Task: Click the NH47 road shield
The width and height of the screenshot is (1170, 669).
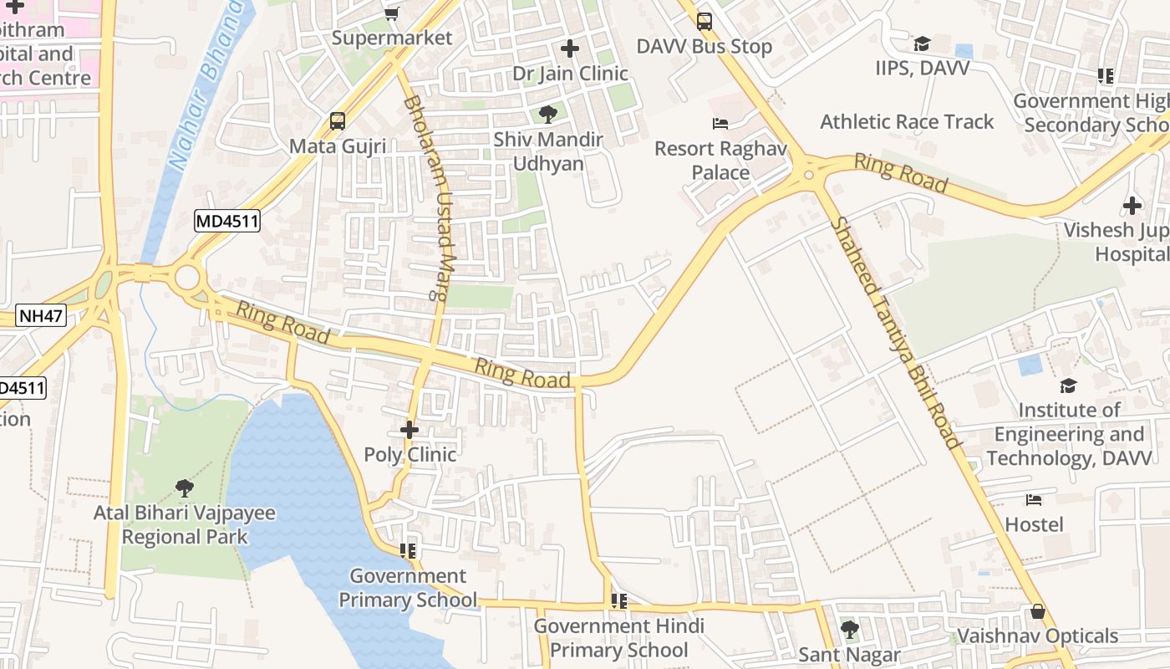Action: (x=41, y=316)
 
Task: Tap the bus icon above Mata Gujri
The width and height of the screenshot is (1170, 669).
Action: (x=338, y=121)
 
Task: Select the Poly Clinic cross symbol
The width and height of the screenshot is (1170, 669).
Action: (x=409, y=431)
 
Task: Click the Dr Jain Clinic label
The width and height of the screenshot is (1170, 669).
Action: (x=570, y=74)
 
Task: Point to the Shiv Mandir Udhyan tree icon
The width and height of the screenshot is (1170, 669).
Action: (x=548, y=115)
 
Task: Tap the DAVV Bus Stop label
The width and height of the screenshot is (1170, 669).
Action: (x=705, y=47)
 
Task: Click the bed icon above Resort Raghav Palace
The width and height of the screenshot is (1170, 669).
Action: (x=720, y=124)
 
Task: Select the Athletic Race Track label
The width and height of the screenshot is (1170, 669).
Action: (x=907, y=122)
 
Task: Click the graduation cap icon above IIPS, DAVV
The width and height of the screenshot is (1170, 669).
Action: (x=922, y=43)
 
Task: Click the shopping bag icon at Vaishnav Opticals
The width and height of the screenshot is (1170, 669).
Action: (x=1038, y=611)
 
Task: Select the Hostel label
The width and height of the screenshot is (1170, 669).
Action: (x=1034, y=524)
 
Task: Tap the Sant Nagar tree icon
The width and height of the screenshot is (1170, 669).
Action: (x=849, y=630)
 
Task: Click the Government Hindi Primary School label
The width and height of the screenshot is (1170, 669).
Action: (x=619, y=638)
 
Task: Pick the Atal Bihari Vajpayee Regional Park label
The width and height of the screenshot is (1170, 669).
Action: (x=185, y=524)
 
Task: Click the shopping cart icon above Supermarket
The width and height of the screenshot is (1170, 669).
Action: (x=391, y=13)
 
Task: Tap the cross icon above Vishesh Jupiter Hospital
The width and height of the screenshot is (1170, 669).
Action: (x=1132, y=205)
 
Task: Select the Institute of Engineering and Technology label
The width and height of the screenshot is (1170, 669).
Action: (x=1069, y=434)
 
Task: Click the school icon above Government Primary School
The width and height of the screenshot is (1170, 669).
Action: (x=408, y=551)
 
